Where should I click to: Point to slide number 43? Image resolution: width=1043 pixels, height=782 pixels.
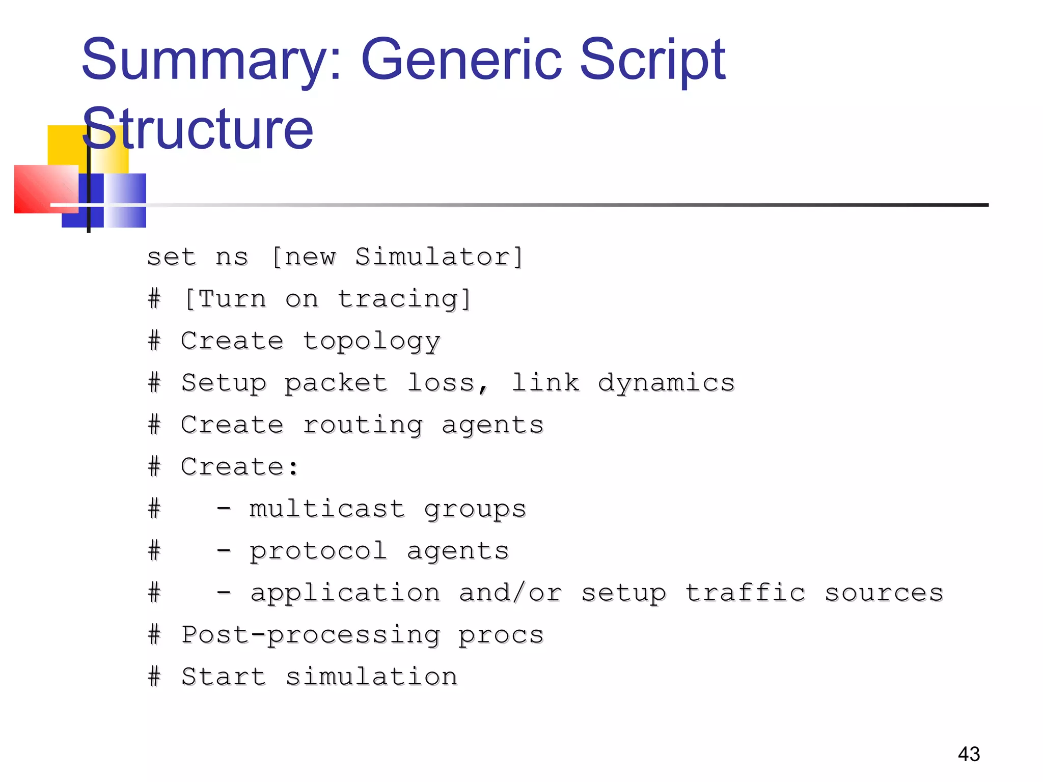tap(969, 754)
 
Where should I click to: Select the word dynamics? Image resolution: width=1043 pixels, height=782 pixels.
tap(667, 383)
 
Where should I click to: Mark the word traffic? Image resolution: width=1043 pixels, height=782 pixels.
tap(745, 593)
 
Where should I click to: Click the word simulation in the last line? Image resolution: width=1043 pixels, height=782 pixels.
tap(371, 677)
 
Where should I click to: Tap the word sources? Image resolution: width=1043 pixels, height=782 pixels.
tap(884, 593)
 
